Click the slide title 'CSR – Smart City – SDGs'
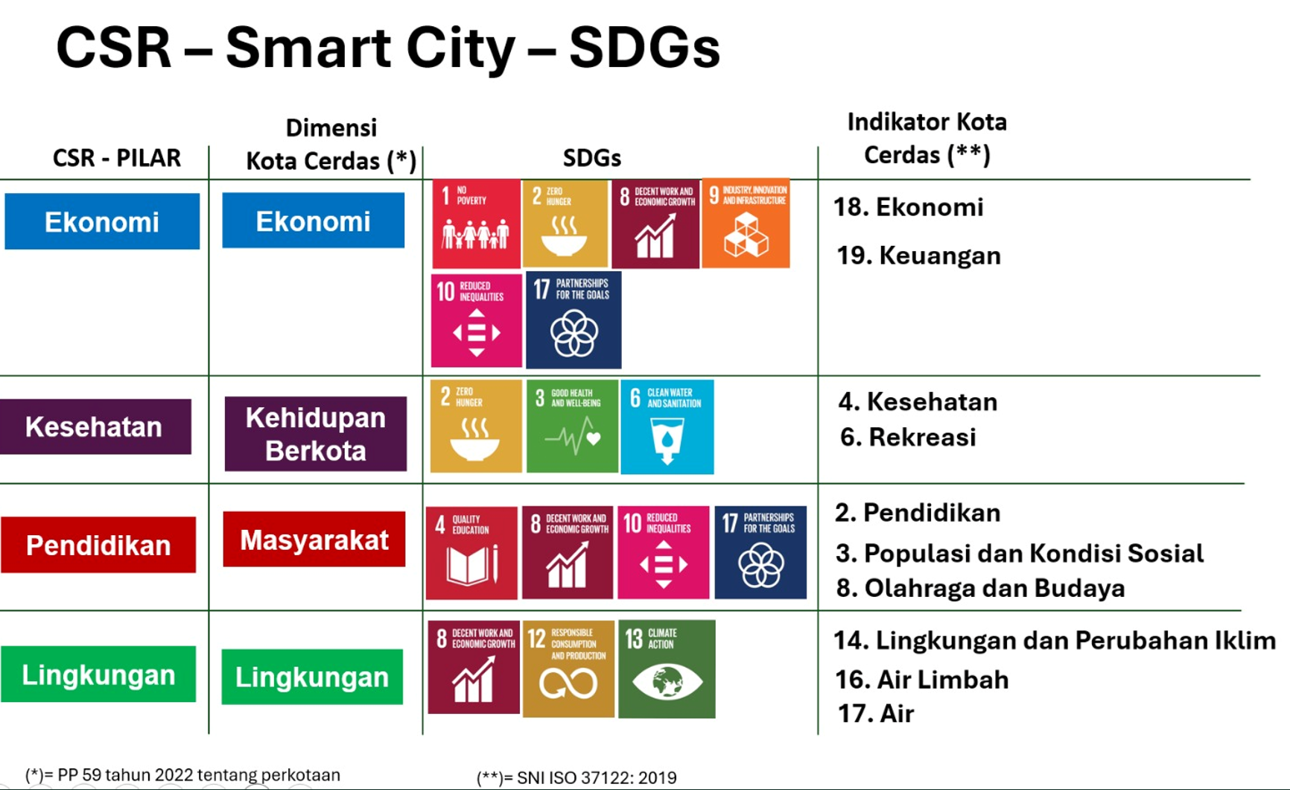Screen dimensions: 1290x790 388,48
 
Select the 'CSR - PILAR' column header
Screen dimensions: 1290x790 117,158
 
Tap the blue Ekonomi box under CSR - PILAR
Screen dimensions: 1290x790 102,221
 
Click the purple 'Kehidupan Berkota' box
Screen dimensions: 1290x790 316,434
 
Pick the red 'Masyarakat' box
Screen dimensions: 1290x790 314,540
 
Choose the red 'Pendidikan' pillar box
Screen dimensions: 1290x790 98,545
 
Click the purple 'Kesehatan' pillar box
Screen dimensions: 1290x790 95,426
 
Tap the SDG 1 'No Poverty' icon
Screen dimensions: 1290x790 476,224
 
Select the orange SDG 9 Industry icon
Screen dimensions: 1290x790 746,224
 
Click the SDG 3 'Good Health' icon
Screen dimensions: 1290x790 572,426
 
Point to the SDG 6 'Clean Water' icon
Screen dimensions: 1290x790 667,426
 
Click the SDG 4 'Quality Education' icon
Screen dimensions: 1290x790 471,553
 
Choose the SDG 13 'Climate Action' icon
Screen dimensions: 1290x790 667,669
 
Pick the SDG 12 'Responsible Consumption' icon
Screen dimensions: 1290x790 569,669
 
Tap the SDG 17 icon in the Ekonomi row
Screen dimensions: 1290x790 573,320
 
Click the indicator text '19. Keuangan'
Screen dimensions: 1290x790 918,256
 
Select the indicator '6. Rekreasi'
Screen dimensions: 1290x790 908,437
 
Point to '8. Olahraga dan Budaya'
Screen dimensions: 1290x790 980,588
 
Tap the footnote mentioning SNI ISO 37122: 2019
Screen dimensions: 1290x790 576,778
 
